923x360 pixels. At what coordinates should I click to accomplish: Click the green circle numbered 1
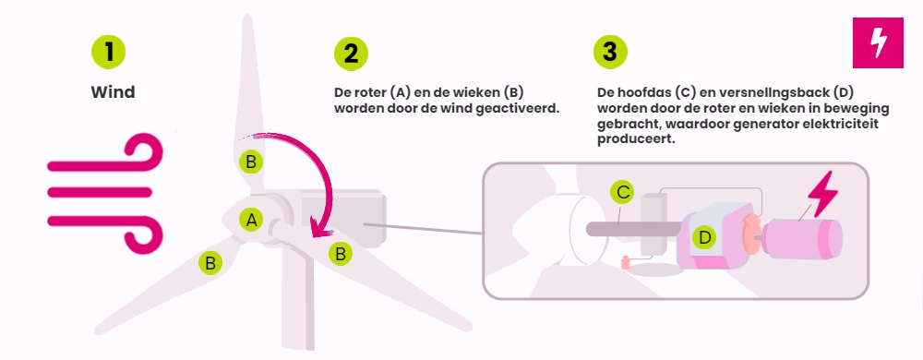tap(108, 52)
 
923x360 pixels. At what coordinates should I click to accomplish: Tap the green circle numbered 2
tap(351, 54)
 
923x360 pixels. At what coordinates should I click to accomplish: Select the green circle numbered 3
tap(610, 53)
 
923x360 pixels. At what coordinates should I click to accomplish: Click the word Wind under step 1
tap(113, 92)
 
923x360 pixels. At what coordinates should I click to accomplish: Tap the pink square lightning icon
tap(878, 42)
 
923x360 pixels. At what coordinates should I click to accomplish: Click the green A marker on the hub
tap(251, 221)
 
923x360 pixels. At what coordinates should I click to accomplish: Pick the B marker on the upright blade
tap(251, 162)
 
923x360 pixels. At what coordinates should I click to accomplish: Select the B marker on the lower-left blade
tap(210, 262)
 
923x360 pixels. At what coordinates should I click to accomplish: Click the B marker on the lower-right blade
tap(341, 254)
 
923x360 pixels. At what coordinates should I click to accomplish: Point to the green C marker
tap(622, 192)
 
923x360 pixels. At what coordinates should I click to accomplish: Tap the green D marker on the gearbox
tap(703, 237)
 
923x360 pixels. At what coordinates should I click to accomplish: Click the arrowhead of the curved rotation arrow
tap(318, 233)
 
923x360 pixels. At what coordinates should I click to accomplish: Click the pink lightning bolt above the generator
tap(822, 196)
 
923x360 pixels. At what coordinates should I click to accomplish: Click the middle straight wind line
tap(100, 192)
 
